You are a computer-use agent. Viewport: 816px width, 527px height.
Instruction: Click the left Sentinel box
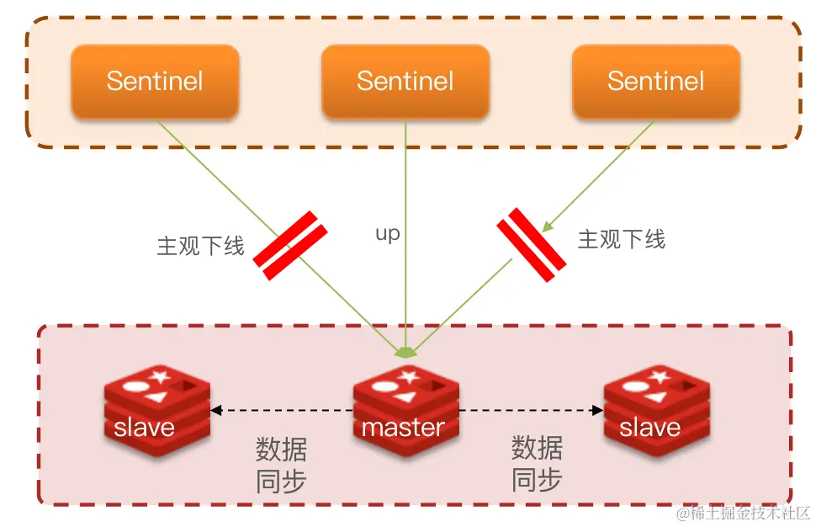pyautogui.click(x=155, y=82)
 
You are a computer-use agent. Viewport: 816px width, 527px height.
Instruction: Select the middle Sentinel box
pyautogui.click(x=405, y=82)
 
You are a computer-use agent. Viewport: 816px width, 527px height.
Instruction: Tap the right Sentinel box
pyautogui.click(x=656, y=82)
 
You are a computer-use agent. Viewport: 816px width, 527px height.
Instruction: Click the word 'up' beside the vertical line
pyautogui.click(x=387, y=234)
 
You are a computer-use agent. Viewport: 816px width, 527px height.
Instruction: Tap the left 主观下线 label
pyautogui.click(x=200, y=246)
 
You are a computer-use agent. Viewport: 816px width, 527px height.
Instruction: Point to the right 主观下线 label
pyautogui.click(x=622, y=240)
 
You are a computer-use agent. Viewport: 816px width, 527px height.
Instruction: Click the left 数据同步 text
pyautogui.click(x=281, y=465)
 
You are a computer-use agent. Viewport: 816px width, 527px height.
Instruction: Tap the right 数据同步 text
pyautogui.click(x=538, y=463)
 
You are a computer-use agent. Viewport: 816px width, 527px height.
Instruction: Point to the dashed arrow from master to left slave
pyautogui.click(x=282, y=411)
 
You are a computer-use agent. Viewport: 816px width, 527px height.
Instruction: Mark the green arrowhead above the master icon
pyautogui.click(x=406, y=351)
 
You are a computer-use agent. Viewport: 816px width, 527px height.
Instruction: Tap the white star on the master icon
pyautogui.click(x=409, y=377)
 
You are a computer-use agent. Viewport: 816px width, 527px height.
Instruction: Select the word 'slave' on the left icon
pyautogui.click(x=144, y=428)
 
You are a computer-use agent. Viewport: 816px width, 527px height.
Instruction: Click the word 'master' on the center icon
pyautogui.click(x=403, y=428)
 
